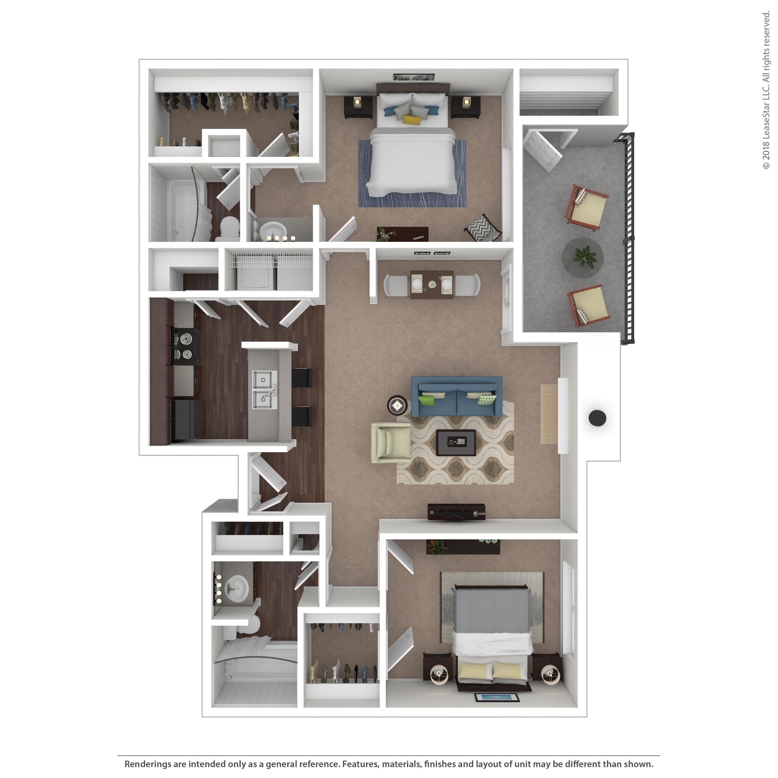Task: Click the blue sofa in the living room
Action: click(457, 396)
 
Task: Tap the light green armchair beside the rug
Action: click(391, 442)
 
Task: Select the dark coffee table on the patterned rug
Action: click(456, 443)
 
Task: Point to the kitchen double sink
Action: click(265, 389)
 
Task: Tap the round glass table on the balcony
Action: click(583, 257)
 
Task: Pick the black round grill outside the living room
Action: click(597, 418)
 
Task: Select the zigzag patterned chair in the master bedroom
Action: click(483, 228)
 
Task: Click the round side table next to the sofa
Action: click(397, 405)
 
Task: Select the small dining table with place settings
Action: click(432, 284)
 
